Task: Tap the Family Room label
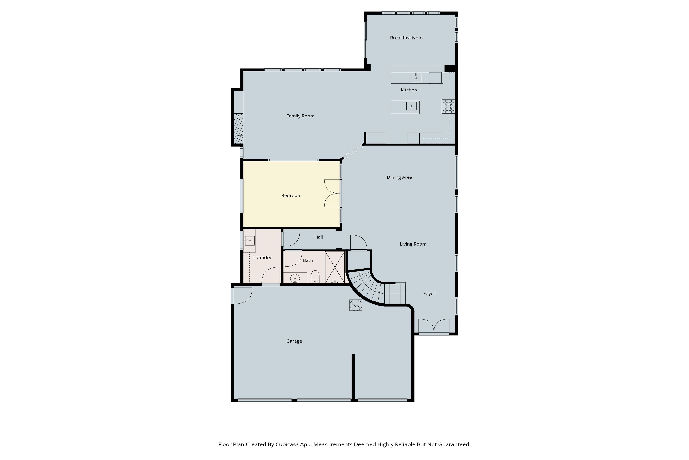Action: click(x=300, y=116)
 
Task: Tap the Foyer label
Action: click(x=429, y=294)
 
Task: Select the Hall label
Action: click(x=319, y=237)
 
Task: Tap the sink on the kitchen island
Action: click(x=411, y=106)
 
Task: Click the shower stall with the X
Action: click(x=335, y=267)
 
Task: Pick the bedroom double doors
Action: click(x=332, y=193)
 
